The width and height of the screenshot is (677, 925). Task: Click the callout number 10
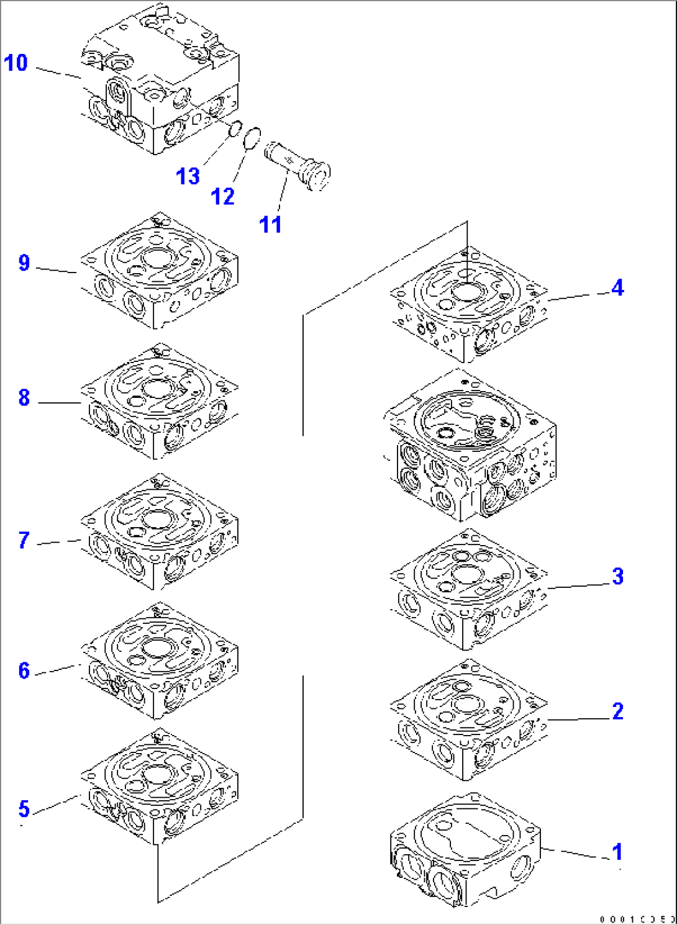coord(16,63)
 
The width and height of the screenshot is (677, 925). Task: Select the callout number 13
coord(188,176)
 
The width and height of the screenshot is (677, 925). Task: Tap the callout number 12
coord(223,197)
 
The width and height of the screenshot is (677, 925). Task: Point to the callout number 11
coord(270,224)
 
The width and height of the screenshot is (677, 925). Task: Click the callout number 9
coord(24,263)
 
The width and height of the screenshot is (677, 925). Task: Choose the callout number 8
coord(24,397)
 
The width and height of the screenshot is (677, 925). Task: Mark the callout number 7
coord(24,540)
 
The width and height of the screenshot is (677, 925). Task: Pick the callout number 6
coord(24,670)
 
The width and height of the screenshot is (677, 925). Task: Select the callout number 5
coord(24,808)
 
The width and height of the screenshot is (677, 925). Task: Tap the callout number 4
coord(617,287)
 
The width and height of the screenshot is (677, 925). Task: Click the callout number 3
coord(617,576)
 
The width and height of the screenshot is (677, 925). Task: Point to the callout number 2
coord(617,711)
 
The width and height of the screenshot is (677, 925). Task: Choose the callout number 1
coord(617,852)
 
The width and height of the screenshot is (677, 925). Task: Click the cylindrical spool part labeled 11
coord(297,165)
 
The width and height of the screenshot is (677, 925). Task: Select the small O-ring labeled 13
coord(235,130)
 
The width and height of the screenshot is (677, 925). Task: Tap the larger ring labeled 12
coord(252,139)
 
